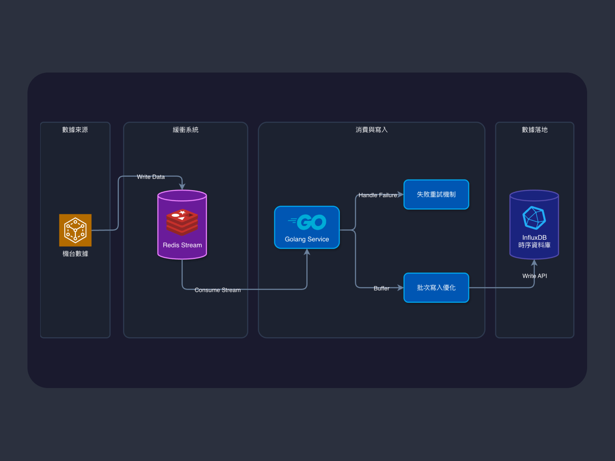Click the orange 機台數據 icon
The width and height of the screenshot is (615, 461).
(x=75, y=230)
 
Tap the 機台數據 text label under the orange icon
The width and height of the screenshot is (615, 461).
(x=75, y=254)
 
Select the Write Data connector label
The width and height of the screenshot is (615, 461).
(x=150, y=177)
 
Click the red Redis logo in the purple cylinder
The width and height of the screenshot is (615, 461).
(x=182, y=222)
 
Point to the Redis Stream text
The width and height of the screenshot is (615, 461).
(x=182, y=245)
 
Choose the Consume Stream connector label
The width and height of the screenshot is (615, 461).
(x=217, y=290)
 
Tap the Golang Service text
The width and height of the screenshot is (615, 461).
(x=307, y=239)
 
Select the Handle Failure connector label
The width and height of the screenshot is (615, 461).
(x=377, y=195)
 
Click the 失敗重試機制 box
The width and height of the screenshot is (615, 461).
(x=436, y=195)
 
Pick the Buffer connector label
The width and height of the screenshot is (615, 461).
(x=381, y=288)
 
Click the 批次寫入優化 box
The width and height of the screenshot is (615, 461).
(x=436, y=288)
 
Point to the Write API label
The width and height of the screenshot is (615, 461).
(x=534, y=276)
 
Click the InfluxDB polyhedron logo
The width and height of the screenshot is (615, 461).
(x=534, y=218)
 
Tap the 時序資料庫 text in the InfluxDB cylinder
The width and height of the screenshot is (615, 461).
(x=534, y=245)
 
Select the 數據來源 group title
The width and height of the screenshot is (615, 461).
(x=75, y=129)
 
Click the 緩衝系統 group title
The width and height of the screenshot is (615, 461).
(x=185, y=129)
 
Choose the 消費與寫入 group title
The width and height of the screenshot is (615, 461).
(x=371, y=129)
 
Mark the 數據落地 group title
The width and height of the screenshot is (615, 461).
(x=535, y=129)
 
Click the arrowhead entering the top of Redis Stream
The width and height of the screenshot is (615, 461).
(x=182, y=186)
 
